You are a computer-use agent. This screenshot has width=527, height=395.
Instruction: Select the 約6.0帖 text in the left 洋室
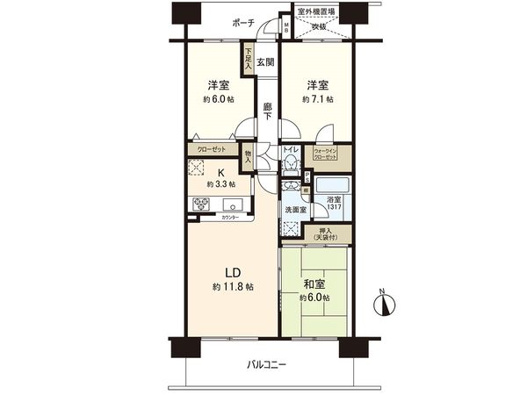[219, 100]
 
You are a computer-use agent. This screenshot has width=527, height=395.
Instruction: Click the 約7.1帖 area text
[316, 100]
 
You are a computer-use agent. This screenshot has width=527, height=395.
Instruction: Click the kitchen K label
[220, 172]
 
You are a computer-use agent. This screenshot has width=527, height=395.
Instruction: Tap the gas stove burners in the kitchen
[200, 205]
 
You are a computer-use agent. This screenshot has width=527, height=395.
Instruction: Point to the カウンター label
[231, 215]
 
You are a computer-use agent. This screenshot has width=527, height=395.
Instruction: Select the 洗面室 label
[295, 211]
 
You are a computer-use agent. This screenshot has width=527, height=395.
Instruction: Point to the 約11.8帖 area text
[231, 287]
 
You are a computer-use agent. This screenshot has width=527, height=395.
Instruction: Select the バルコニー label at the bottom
[266, 365]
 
